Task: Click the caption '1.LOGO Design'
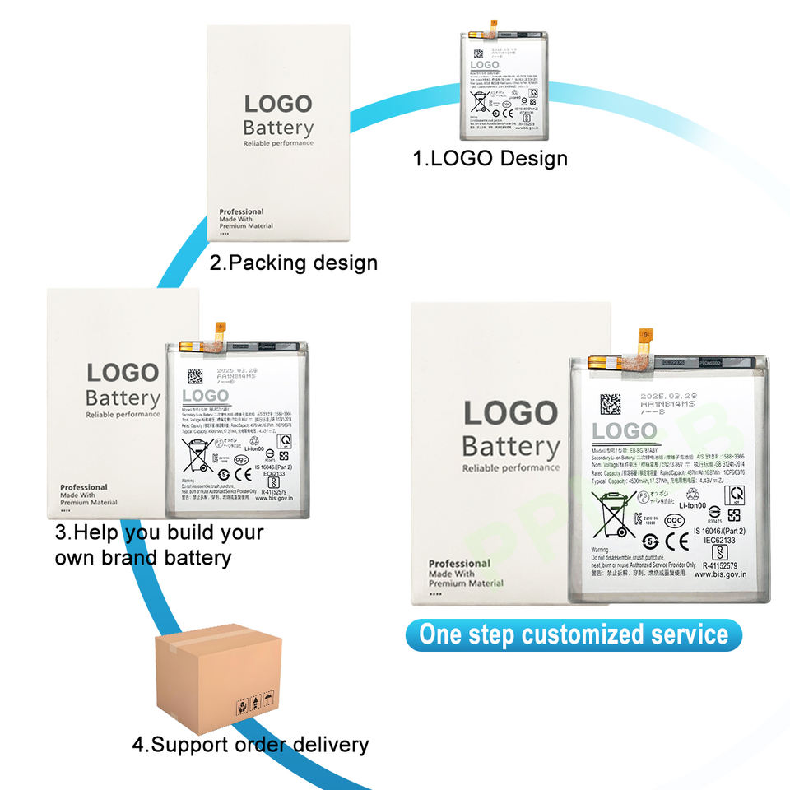490,157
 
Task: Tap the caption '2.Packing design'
293,263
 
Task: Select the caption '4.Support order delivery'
250,745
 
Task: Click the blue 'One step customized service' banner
574,634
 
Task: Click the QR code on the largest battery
610,405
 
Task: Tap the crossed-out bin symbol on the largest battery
616,517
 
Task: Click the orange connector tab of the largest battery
646,337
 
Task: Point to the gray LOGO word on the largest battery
625,431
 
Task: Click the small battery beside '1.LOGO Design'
501,81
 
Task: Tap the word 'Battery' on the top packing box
278,128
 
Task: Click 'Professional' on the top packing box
241,211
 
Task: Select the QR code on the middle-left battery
194,377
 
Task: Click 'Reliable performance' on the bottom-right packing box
510,468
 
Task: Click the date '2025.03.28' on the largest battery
667,396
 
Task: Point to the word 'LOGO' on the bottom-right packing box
510,413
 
